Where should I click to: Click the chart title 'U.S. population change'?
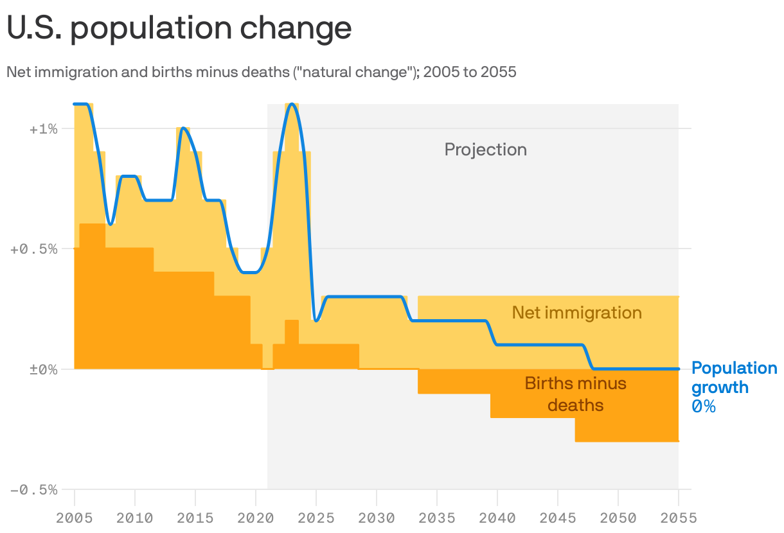click(x=179, y=28)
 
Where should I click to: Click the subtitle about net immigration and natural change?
click(x=261, y=72)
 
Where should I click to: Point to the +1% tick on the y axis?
click(x=44, y=128)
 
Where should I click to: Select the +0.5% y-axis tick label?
click(x=35, y=249)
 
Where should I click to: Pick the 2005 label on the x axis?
click(x=75, y=517)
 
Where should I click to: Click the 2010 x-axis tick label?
click(x=135, y=517)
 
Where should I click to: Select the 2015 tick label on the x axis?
click(x=195, y=517)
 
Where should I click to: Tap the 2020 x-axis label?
click(x=256, y=517)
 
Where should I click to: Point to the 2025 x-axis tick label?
click(x=316, y=517)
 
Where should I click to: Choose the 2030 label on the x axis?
click(x=377, y=517)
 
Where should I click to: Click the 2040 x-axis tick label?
click(x=497, y=517)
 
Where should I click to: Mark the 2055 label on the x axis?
click(x=678, y=517)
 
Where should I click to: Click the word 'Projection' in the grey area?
click(x=485, y=150)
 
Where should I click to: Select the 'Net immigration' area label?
click(x=576, y=313)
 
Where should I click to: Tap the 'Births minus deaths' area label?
click(x=575, y=394)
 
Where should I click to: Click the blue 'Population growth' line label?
click(x=734, y=378)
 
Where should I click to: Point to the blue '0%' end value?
click(x=703, y=406)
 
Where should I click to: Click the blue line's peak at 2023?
click(x=292, y=103)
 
